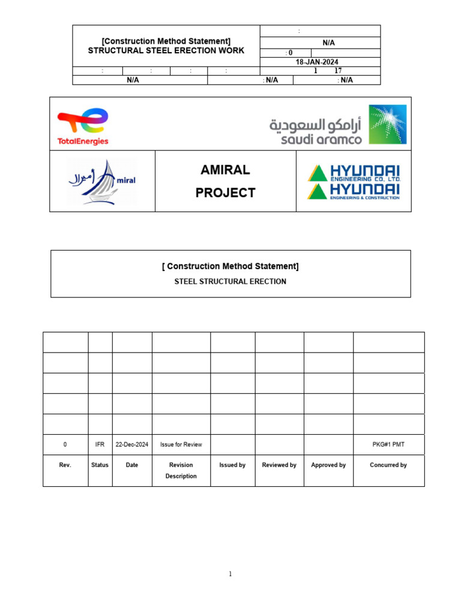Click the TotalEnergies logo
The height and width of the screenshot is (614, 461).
click(83, 126)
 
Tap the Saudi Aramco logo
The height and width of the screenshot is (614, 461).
click(337, 125)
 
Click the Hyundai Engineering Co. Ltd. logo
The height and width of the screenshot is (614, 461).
click(354, 173)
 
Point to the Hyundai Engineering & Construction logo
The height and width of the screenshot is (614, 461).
click(354, 191)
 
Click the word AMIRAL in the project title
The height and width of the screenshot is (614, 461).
click(225, 170)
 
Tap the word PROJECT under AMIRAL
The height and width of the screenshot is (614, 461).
click(225, 193)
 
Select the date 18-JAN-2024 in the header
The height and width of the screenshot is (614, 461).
click(319, 62)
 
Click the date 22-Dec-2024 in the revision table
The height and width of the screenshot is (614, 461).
click(132, 445)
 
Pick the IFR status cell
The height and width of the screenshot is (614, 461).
click(100, 445)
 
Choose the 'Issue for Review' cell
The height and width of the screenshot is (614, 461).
click(181, 445)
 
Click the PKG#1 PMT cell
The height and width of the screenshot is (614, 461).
click(389, 445)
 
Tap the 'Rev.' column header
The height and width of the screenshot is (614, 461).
click(65, 465)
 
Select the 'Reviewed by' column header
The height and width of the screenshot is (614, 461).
click(279, 465)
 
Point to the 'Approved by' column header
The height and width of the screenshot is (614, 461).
click(328, 465)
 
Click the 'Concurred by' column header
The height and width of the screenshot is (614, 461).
click(388, 465)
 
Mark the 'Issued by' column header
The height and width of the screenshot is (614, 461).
click(232, 465)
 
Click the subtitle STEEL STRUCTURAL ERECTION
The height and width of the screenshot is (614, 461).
click(230, 281)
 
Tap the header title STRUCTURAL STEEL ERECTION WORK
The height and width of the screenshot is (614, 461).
click(166, 51)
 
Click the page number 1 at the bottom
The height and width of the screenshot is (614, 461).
click(230, 574)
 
